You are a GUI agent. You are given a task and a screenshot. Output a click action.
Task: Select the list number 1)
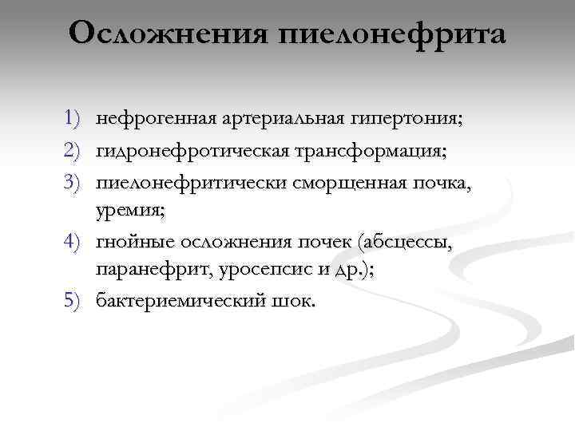73,120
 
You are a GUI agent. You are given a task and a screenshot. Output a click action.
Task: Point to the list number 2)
73,150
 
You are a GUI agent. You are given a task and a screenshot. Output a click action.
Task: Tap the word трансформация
366,150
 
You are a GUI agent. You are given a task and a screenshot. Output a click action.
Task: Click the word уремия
128,211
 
